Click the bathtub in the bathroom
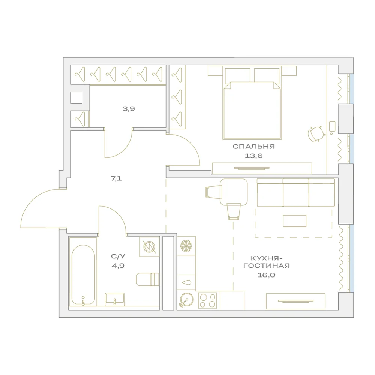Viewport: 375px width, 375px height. click(x=83, y=274)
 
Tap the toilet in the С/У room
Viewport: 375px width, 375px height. click(x=147, y=279)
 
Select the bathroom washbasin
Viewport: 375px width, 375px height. click(x=115, y=299)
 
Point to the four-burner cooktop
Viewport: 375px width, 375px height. click(x=208, y=300)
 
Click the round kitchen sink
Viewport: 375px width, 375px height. click(x=186, y=299)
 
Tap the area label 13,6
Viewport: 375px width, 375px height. click(x=253, y=156)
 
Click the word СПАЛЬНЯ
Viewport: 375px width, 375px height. click(x=254, y=146)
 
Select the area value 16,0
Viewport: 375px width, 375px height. click(x=266, y=275)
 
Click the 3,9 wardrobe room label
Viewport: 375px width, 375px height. click(x=129, y=109)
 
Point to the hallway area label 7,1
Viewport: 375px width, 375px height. click(x=116, y=178)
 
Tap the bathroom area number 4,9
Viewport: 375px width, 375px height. click(x=118, y=266)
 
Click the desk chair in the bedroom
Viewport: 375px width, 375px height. click(x=316, y=134)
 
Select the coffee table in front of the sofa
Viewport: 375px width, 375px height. click(x=295, y=221)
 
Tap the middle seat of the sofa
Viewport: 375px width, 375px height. click(x=296, y=193)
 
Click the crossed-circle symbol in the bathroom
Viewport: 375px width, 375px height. click(x=149, y=247)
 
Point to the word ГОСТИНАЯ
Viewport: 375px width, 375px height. click(x=266, y=265)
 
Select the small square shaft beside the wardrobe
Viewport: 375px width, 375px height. click(x=76, y=97)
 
